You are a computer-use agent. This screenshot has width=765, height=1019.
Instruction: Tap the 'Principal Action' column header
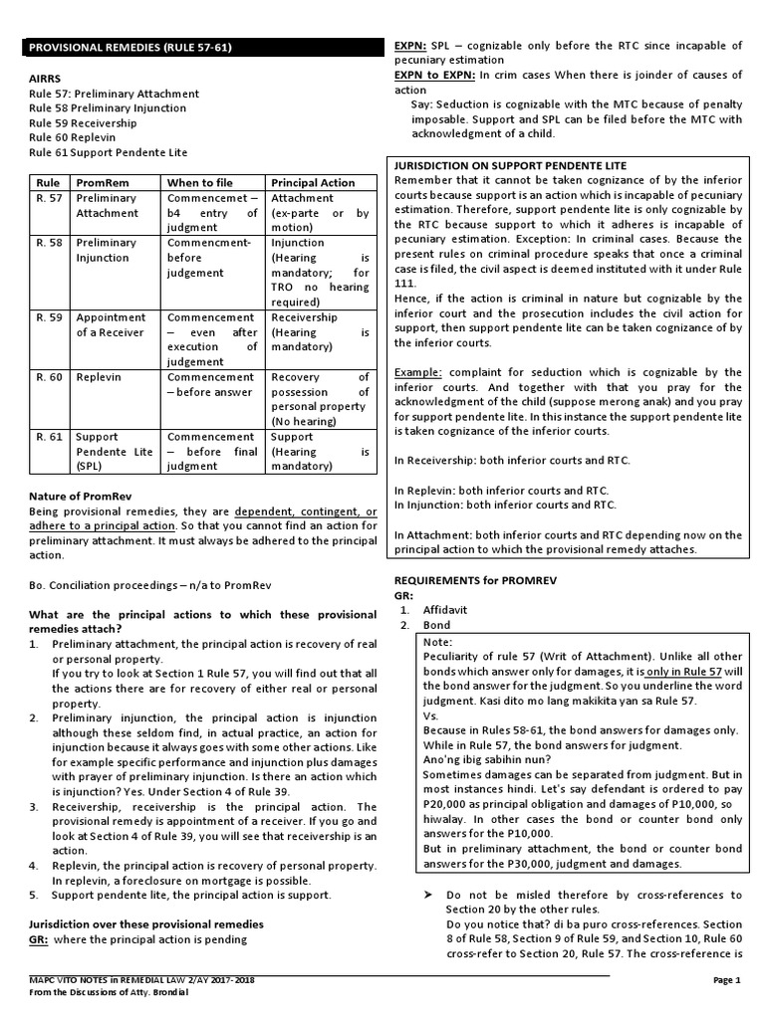(x=313, y=183)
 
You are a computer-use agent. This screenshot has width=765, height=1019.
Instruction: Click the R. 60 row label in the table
(x=49, y=377)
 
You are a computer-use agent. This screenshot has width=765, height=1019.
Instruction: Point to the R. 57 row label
(x=49, y=198)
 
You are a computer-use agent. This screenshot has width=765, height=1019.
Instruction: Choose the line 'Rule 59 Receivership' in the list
(x=84, y=122)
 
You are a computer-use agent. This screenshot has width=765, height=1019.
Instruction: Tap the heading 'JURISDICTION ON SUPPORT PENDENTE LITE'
(x=511, y=165)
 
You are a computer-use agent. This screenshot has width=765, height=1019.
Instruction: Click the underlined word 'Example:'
(x=417, y=371)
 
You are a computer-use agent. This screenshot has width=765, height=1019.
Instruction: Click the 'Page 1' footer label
(x=727, y=980)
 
